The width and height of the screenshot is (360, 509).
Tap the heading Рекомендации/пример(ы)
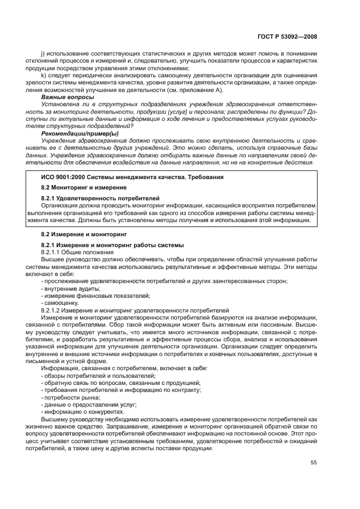point(80,133)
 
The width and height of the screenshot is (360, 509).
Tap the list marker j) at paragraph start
point(43,54)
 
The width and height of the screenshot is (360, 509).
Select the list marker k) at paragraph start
point(43,76)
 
